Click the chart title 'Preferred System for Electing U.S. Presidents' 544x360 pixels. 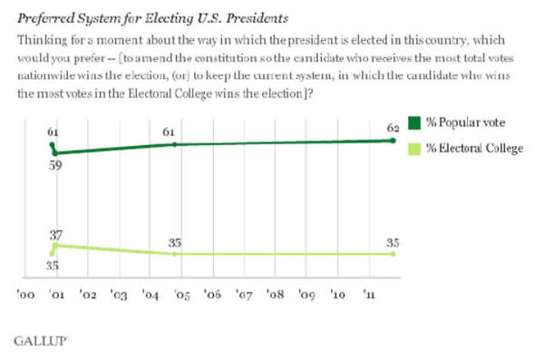tap(152, 18)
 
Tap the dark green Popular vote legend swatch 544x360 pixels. tap(414, 123)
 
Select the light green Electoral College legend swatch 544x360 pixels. tap(414, 149)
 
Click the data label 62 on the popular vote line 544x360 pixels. tap(393, 128)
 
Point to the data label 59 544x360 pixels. tap(55, 165)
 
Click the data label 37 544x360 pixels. tap(56, 236)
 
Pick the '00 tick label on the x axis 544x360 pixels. tap(25, 295)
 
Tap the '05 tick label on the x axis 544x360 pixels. tap(182, 295)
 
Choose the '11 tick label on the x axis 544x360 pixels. tap(369, 295)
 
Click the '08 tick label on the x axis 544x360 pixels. tap(276, 295)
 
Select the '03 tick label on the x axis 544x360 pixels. tap(119, 295)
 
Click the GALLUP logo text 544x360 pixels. tap(40, 341)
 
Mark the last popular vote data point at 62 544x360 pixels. tap(393, 141)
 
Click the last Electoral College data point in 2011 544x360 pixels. tap(393, 254)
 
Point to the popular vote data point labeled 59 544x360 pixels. tap(55, 153)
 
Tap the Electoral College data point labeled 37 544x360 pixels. tap(55, 246)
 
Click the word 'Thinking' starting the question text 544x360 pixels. tap(43, 41)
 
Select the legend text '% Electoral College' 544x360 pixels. tap(475, 149)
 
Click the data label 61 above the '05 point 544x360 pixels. tap(169, 132)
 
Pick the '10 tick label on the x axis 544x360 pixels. tap(338, 295)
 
